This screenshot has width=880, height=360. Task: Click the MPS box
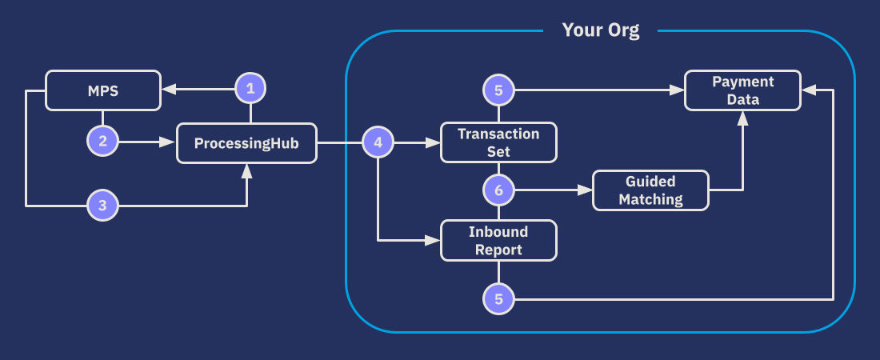(102, 90)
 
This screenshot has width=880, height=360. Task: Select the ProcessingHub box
(246, 143)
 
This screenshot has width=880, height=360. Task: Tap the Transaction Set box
(498, 142)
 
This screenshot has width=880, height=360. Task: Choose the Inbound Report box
(498, 240)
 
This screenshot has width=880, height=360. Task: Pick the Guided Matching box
(650, 190)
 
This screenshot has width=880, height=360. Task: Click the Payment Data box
(742, 90)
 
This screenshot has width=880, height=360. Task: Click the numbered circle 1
(250, 89)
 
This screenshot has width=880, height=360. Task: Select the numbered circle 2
(102, 142)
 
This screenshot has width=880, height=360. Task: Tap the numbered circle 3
(102, 206)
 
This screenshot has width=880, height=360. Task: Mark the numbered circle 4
(378, 143)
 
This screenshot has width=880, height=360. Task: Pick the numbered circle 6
(498, 190)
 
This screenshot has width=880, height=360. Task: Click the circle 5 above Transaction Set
(498, 90)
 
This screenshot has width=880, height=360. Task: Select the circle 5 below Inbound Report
(498, 300)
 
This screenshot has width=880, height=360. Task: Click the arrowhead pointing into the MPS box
(168, 90)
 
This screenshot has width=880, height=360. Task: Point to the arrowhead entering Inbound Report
(434, 239)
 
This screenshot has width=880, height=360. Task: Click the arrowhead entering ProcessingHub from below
(246, 170)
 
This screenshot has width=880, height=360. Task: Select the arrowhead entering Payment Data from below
(742, 118)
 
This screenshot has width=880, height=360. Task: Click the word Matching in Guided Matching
(650, 199)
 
